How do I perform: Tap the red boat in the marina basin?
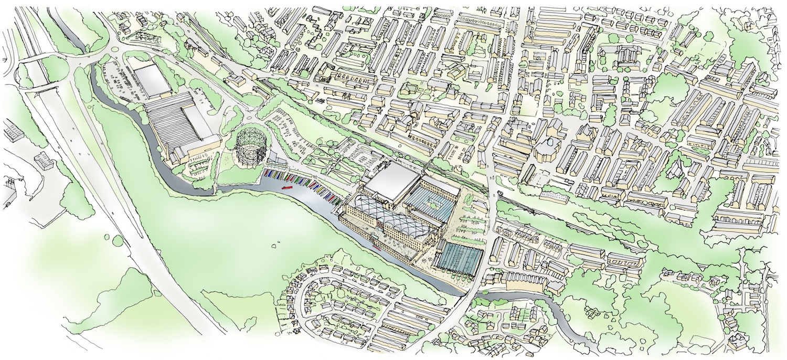[287, 187]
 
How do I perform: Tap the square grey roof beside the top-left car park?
[152, 81]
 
